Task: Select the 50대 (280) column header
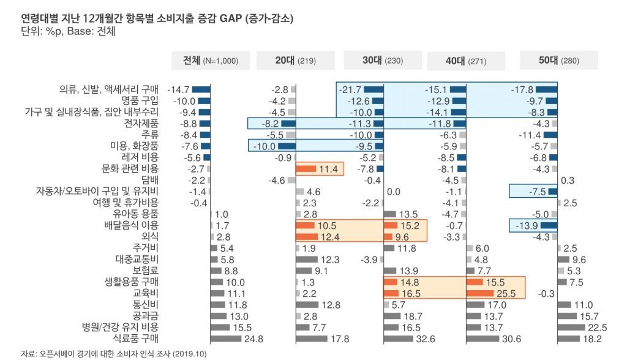coord(558,61)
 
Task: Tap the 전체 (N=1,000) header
coord(210,61)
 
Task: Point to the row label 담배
coord(149,179)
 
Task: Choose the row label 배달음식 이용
coord(132,225)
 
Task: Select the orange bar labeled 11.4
coord(306,168)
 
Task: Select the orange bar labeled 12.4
coord(307,236)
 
